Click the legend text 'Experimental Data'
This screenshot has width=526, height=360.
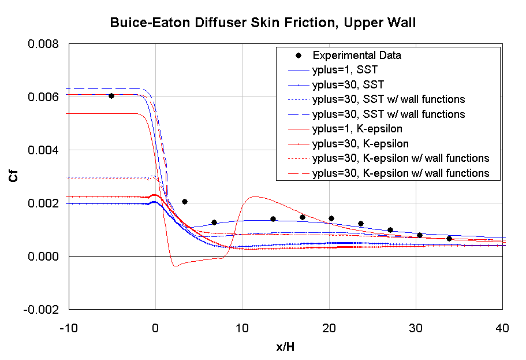[356, 55]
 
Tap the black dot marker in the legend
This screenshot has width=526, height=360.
[298, 55]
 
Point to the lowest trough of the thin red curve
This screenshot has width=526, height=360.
[176, 266]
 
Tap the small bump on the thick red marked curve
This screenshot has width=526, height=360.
[153, 195]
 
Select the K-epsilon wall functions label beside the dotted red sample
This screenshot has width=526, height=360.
[400, 158]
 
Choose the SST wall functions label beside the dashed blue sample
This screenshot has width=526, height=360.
[388, 114]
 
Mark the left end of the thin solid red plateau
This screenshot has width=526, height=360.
[67, 114]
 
